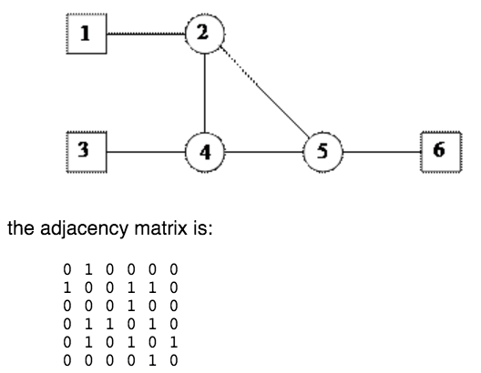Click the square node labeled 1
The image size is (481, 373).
[x=87, y=34]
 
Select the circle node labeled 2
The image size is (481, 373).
[x=204, y=34]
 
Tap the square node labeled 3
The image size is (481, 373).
[x=87, y=150]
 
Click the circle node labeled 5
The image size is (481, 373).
[x=321, y=150]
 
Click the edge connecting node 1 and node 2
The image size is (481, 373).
[x=146, y=34]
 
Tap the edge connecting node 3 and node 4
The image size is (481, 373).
[x=146, y=150]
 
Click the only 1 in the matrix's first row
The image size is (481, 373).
[x=87, y=270]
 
